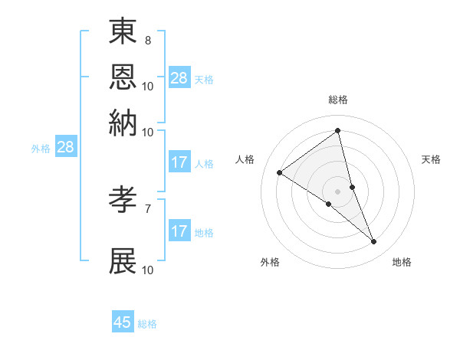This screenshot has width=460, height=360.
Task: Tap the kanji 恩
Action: pos(123,78)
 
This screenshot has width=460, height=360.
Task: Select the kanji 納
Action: pos(123,123)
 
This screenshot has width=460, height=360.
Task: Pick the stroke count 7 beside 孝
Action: pos(148,207)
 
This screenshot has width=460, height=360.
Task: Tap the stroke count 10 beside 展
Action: pos(148,269)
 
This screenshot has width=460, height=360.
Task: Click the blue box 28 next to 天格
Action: pos(179,78)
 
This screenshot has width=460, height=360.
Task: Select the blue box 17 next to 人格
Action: pos(179,162)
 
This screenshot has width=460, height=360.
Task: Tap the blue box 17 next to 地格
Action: pos(179,231)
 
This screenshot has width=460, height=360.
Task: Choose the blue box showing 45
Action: pos(123,322)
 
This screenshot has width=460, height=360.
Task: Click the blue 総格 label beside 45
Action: pos(148,324)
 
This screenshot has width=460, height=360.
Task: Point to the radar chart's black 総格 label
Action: pos(338,100)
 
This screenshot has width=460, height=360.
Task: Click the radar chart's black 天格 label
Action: pos(432,159)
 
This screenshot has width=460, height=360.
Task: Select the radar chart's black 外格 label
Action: pos(270,263)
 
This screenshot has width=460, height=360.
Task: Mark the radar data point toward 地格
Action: pos(374,242)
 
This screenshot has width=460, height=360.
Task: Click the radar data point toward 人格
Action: pos(280,172)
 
